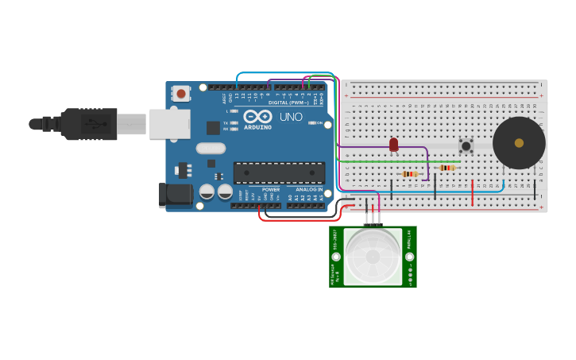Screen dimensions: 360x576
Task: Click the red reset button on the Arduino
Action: [181, 94]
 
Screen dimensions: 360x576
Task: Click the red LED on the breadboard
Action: [393, 144]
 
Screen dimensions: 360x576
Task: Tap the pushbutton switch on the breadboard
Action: [466, 145]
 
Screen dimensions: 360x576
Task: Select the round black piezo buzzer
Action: [519, 143]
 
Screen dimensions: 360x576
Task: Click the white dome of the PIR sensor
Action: [373, 257]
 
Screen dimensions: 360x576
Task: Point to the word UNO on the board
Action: [291, 117]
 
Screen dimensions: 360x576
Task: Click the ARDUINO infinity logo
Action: [257, 116]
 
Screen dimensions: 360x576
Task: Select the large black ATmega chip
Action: [279, 172]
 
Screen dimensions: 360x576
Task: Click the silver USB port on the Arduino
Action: [170, 124]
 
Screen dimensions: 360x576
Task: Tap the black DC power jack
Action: [176, 195]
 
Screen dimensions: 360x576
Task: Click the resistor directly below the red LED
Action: [410, 174]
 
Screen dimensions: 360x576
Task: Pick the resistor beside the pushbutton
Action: [447, 168]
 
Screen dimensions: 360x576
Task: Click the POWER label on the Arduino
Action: [271, 190]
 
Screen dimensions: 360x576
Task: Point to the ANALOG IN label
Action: [310, 190]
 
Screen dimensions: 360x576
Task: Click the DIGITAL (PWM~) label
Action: [288, 103]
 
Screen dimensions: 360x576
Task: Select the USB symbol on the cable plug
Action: [96, 124]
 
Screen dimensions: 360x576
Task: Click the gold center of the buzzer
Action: [519, 143]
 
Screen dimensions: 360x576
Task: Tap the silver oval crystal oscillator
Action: [211, 148]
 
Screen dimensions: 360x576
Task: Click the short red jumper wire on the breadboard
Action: [473, 192]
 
